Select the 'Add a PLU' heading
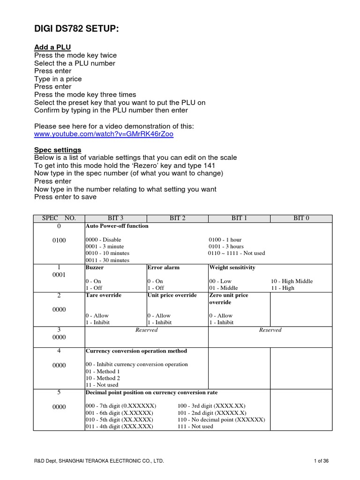pos(52,47)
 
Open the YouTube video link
pos(104,134)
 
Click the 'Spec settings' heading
pos(58,150)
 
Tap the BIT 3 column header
pos(115,218)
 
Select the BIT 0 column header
pos(301,218)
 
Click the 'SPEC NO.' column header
pos(59,218)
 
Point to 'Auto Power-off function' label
pos(117,226)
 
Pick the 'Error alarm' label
pos(163,268)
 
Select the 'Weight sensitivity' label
pos(232,268)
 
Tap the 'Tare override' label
pos(103,295)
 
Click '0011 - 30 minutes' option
pos(107,260)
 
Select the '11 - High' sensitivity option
pos(283,288)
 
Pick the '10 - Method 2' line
pos(103,378)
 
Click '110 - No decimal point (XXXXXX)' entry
pos(221,420)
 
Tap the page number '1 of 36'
pos(321,461)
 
